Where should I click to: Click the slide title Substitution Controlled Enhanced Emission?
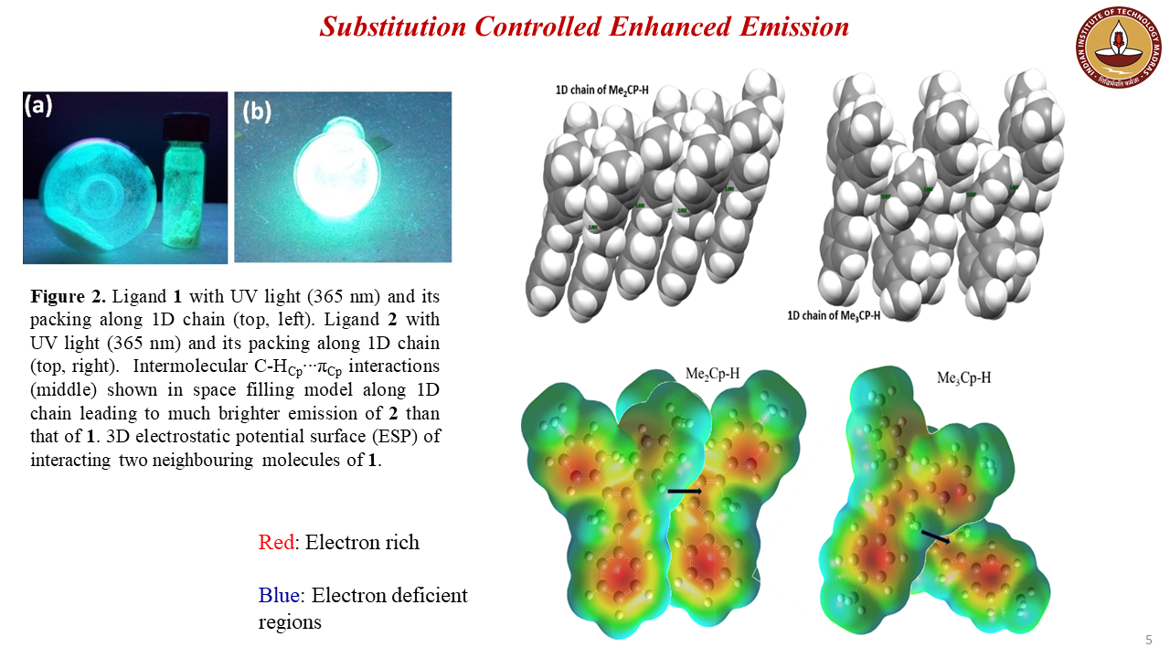584,27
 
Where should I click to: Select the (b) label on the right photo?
257,111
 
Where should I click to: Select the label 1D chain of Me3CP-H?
835,315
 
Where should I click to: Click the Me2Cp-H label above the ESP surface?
713,374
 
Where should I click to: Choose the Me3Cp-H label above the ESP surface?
963,377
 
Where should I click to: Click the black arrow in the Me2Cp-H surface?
684,492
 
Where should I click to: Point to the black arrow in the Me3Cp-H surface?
934,536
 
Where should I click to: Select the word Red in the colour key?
277,542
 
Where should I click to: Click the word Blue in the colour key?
279,596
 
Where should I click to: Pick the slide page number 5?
1149,639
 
